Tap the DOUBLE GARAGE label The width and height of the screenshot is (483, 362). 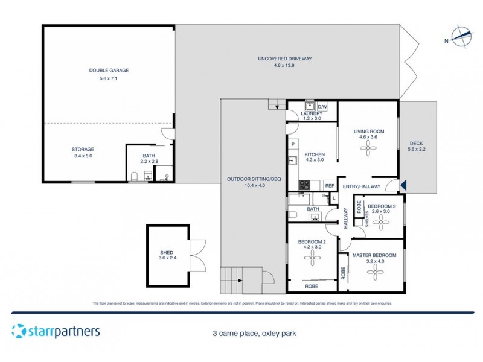(x=109, y=71)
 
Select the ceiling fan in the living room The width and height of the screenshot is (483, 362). (x=368, y=152)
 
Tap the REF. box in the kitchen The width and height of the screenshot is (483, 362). (x=330, y=186)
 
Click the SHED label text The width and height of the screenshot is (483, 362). (x=165, y=253)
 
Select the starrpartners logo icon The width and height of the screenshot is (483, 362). (x=18, y=331)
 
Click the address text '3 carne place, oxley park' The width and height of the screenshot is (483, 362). (x=254, y=332)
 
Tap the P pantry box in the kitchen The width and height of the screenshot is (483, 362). (x=293, y=144)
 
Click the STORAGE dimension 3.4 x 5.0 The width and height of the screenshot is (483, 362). (x=83, y=155)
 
